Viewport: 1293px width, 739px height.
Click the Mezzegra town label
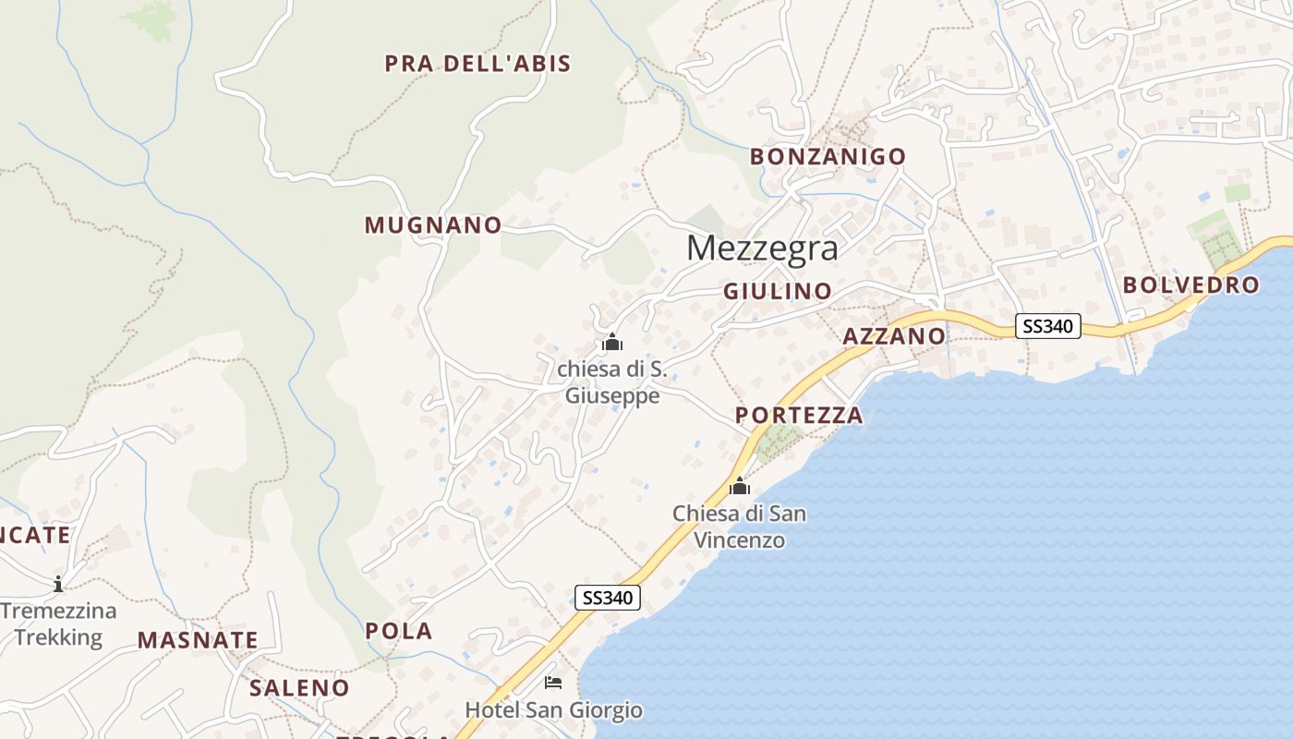[x=763, y=248]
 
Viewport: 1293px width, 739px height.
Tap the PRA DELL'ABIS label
[x=477, y=64]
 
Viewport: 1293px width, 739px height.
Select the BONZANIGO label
[x=828, y=157]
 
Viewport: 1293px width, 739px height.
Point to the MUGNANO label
[x=433, y=225]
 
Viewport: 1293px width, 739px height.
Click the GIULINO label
[x=778, y=292]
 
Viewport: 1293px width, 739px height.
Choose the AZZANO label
[x=894, y=336]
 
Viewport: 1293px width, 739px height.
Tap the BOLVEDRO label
[x=1191, y=285]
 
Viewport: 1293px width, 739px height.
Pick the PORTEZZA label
[x=800, y=416]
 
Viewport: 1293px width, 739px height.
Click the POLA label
[x=399, y=631]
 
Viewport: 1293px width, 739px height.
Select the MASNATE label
[x=198, y=640]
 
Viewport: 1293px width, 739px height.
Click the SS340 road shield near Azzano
[x=1048, y=326]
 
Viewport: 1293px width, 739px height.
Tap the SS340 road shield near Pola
[x=607, y=598]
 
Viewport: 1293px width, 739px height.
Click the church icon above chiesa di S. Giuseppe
[x=611, y=343]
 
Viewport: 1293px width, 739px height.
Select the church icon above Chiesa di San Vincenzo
[x=739, y=485]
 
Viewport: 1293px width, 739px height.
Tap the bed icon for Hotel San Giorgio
[x=553, y=683]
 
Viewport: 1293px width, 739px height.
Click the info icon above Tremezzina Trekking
[x=58, y=583]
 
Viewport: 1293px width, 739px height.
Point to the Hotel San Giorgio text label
[x=553, y=710]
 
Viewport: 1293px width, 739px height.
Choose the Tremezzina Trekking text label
[x=58, y=624]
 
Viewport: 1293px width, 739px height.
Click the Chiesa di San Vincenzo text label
[x=739, y=526]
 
